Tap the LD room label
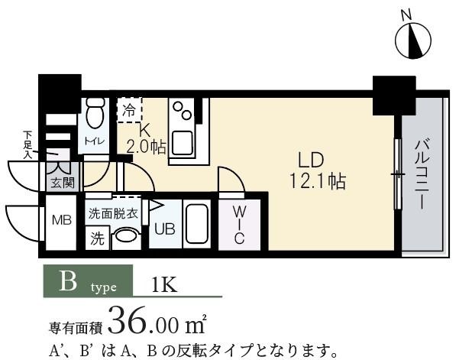[x=312, y=161]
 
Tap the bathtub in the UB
[x=198, y=224]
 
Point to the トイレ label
[x=94, y=140]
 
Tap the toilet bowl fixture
[x=95, y=117]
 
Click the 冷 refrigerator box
[x=129, y=109]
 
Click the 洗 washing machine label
[x=97, y=238]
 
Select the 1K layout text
[x=165, y=285]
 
